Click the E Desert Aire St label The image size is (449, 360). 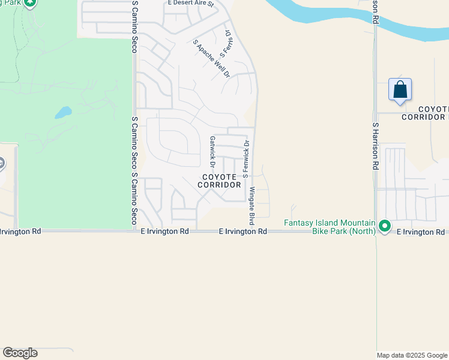191,3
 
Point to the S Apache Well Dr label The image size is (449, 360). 211,59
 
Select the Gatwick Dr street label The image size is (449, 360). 212,151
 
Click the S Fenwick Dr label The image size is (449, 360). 246,159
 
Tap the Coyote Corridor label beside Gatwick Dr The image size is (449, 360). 220,181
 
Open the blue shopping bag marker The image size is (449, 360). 400,91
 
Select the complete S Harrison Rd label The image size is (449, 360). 375,147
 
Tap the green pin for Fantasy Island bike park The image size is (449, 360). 385,227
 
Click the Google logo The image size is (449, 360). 20,353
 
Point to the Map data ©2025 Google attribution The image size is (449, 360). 412,355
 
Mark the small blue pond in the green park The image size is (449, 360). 63,112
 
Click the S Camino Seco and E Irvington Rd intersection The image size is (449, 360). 134,231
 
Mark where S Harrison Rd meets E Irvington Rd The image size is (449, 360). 376,232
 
